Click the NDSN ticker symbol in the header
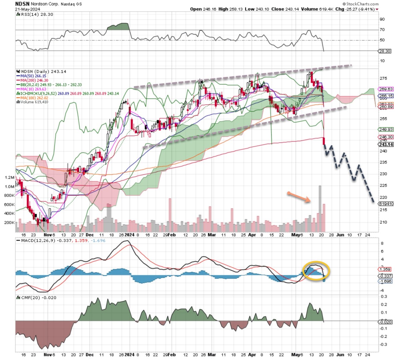click(22, 4)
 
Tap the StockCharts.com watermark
click(362, 4)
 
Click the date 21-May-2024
click(28, 9)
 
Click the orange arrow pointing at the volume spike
click(299, 197)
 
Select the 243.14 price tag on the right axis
click(385, 145)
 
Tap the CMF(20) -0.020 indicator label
click(35, 298)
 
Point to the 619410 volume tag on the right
click(386, 203)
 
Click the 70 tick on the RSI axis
click(382, 30)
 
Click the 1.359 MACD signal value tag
click(385, 269)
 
